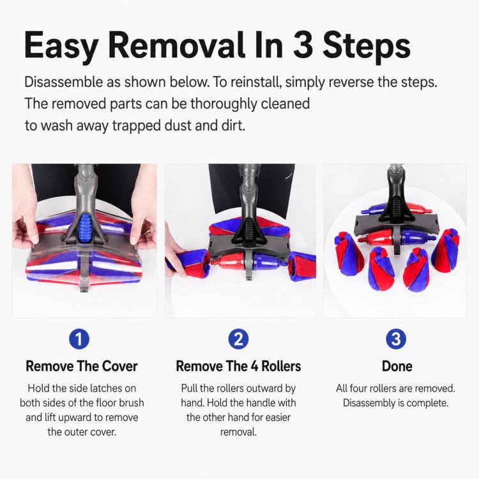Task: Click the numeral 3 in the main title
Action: (303, 45)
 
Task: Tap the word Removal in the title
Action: (176, 45)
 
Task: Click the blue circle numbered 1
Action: (79, 338)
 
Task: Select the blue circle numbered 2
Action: (238, 338)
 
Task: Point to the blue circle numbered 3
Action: (396, 338)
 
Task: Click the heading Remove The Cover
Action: (82, 366)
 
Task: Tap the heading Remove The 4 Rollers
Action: (238, 366)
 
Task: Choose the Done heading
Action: (397, 366)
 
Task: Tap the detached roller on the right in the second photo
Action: (303, 266)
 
